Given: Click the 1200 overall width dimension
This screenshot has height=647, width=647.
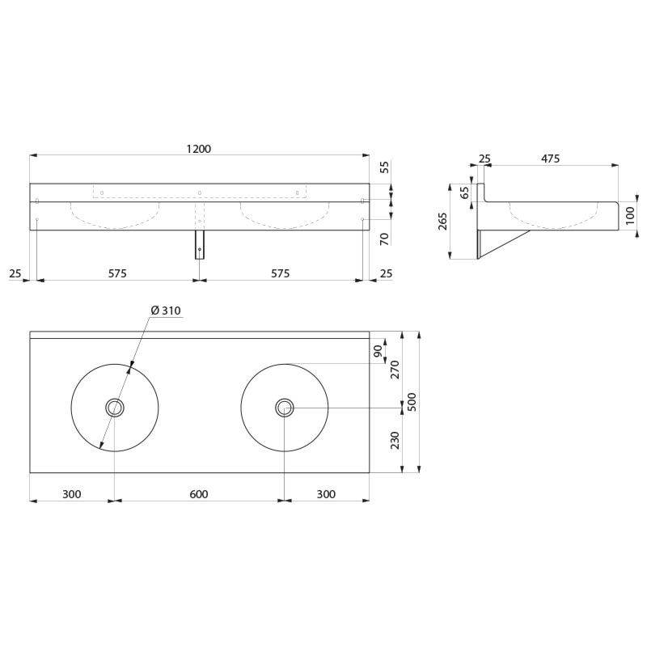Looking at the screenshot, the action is coord(199,149).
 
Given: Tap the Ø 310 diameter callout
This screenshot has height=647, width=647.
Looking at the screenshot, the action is coord(166,311).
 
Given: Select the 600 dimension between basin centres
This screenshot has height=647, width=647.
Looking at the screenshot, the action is coord(199,494).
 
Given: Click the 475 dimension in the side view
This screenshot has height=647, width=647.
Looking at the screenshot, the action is coord(551,159).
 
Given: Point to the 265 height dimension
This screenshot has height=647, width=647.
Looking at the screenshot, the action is coord(442,222).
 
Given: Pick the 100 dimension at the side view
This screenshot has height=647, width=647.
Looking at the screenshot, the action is coord(630,216).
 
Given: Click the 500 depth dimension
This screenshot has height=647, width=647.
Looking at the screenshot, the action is coord(412,402).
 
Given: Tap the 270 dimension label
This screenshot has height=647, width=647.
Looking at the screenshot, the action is coord(395,370).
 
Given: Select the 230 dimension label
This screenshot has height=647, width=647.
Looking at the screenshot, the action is coord(395,440).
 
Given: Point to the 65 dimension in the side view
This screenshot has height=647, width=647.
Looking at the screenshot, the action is coord(464,192).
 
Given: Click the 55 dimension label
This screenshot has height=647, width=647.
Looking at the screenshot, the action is coord(384,167).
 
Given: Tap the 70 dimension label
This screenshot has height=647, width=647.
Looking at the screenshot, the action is coord(384,239).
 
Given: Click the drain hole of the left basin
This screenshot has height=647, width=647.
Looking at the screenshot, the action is coord(115,408).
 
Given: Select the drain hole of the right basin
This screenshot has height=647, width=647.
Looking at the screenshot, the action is coord(285,408).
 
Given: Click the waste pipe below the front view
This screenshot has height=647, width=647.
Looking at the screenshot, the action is coord(200,244).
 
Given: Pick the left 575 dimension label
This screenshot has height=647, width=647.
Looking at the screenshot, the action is coord(117,273).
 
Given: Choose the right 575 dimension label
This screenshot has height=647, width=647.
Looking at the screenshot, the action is coord(281,273).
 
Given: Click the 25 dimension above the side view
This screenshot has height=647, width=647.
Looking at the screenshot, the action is coord(484,159).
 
